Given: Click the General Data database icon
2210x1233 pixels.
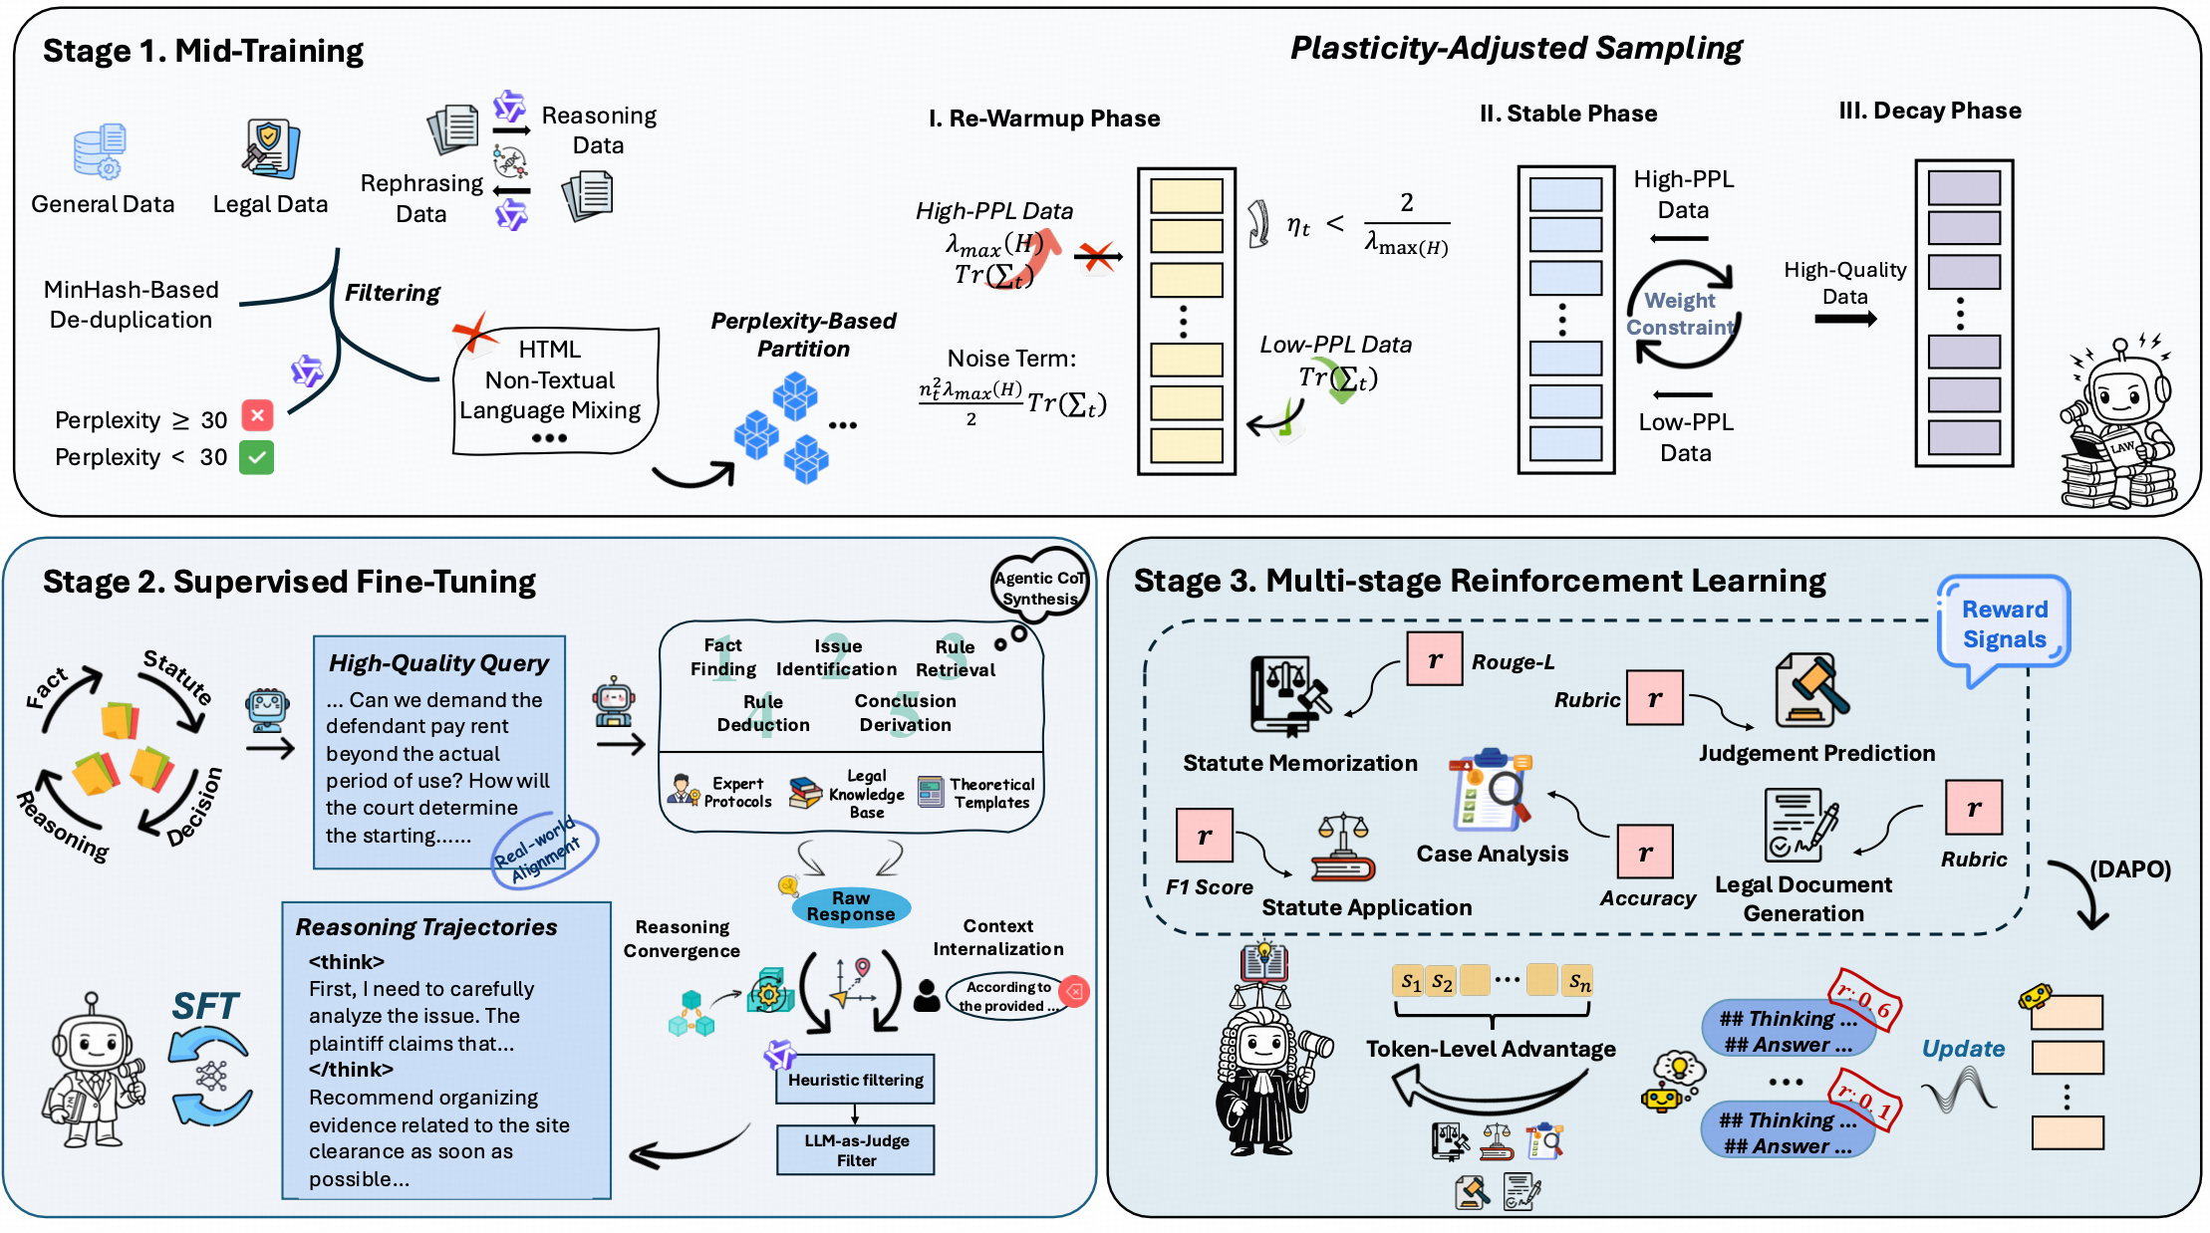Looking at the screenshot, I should (100, 151).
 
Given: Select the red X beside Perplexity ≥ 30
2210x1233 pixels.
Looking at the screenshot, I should (257, 416).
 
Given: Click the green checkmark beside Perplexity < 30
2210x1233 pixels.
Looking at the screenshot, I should (257, 457).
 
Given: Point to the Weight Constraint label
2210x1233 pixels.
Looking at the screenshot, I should (1681, 314).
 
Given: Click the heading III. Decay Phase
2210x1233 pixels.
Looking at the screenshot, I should (1929, 111).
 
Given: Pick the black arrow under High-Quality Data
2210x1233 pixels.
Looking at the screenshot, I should (1845, 320).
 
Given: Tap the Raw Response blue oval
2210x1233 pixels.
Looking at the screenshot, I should (851, 906).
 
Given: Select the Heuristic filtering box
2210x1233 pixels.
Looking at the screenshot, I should (855, 1080).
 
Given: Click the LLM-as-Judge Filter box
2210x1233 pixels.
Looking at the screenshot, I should (856, 1150).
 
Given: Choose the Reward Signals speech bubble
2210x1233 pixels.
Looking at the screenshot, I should (2004, 624).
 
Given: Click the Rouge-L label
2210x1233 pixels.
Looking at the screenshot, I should (1513, 662).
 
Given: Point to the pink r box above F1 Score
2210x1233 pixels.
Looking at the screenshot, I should (1205, 835).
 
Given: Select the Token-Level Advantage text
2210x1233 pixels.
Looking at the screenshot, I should (1491, 1049).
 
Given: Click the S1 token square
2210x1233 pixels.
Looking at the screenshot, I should (1409, 981).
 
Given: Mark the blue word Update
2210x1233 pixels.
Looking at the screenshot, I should (1963, 1049).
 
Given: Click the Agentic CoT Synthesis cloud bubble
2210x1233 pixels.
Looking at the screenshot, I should (1039, 588).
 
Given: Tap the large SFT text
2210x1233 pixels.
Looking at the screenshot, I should (205, 1007).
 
